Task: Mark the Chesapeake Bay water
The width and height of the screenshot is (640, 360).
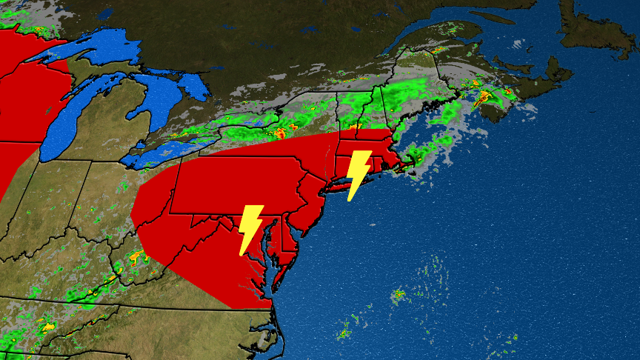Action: (x=267, y=252)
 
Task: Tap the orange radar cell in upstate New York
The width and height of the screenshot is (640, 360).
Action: (x=281, y=133)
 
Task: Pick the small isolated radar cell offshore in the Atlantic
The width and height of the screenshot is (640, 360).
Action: (x=399, y=295)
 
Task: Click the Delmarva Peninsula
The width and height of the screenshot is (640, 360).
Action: (x=284, y=252)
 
